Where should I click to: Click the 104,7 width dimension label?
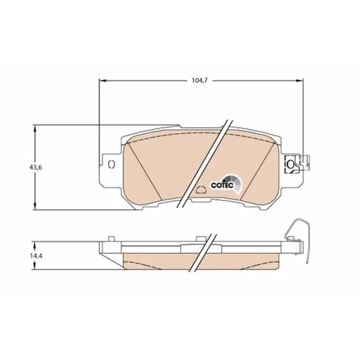tap(199, 80)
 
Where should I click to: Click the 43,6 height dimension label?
tap(35, 167)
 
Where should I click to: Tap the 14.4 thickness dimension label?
tap(35, 256)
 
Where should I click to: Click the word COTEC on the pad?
tap(222, 185)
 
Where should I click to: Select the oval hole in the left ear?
tap(112, 164)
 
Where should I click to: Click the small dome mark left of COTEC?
tap(201, 190)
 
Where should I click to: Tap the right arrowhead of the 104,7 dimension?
tap(299, 80)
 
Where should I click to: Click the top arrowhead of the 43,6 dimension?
tap(35, 129)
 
